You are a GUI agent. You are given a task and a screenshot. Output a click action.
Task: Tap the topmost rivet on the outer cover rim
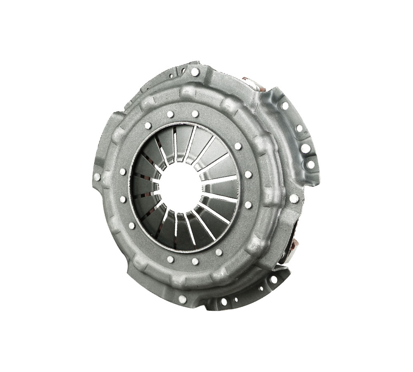[x=195, y=72]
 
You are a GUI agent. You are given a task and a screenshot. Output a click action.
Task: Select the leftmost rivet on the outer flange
[x=97, y=177]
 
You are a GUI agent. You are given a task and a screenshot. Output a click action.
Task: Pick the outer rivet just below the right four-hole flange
[x=294, y=198]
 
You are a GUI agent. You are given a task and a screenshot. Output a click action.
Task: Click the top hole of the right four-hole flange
[x=285, y=106]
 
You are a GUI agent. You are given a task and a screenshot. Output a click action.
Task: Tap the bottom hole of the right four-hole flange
[x=311, y=165]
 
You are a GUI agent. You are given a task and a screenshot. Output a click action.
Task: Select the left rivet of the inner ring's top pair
[x=170, y=114]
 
